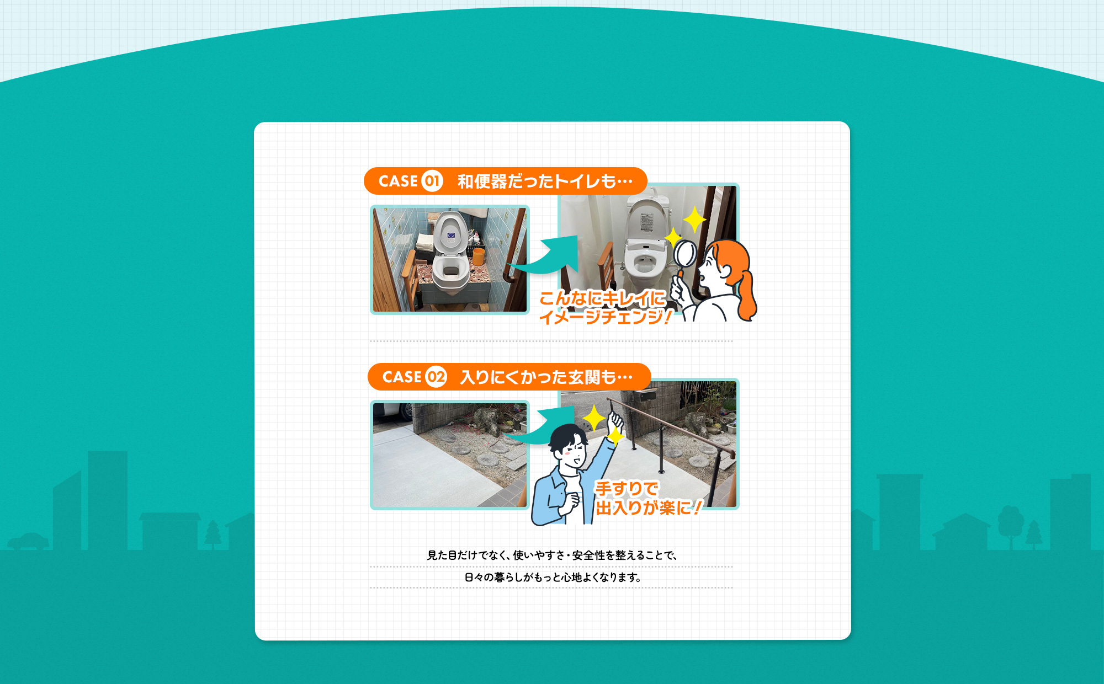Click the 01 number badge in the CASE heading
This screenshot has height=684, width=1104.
pos(432,181)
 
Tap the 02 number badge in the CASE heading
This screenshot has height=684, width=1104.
pos(436,377)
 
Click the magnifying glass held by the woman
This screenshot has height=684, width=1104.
pos(686,254)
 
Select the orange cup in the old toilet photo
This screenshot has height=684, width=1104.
pos(479,256)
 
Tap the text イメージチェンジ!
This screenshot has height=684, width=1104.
pos(605,317)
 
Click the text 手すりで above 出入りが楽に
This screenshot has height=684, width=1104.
pos(626,488)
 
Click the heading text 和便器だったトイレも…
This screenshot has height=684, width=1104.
pos(544,181)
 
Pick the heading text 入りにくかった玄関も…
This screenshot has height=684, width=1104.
pos(546,377)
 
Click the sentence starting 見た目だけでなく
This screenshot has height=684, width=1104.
pos(551,555)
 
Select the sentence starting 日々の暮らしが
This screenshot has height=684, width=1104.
pos(551,577)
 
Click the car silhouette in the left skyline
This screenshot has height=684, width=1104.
pos(28,541)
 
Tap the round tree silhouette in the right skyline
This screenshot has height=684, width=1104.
pos(1011,521)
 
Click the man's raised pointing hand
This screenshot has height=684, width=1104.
pos(615,422)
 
